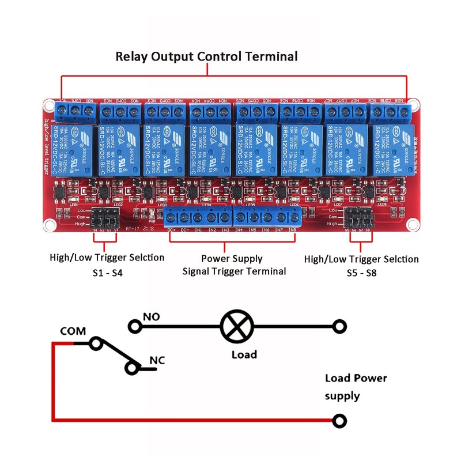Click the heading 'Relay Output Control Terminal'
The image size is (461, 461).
206,56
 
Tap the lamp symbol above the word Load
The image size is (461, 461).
236,327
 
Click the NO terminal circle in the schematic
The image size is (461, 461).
135,327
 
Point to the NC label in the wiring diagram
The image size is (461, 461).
157,361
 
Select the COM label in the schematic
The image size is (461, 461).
73,331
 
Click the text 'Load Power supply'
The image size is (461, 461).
356,387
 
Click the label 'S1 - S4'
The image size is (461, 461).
107,272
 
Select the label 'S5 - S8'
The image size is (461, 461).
361,273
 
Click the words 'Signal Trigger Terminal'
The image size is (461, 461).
234,271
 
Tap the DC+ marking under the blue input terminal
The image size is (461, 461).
171,230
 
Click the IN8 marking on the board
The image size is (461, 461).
292,230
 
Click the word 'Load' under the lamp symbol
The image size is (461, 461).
244,354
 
